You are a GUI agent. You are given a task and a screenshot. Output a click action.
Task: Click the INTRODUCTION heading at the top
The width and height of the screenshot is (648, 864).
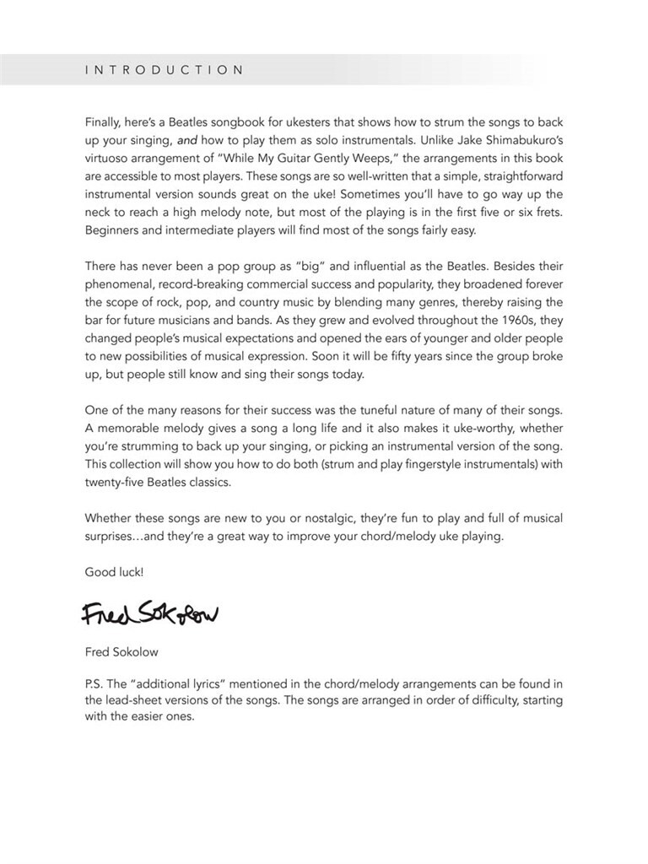(x=165, y=70)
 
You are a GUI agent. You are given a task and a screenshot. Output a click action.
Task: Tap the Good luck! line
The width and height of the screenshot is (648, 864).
(x=115, y=572)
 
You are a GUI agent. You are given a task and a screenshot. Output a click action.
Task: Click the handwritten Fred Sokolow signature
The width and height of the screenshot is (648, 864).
(x=150, y=615)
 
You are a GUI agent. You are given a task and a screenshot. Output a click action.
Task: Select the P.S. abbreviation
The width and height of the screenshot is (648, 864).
(x=94, y=684)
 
